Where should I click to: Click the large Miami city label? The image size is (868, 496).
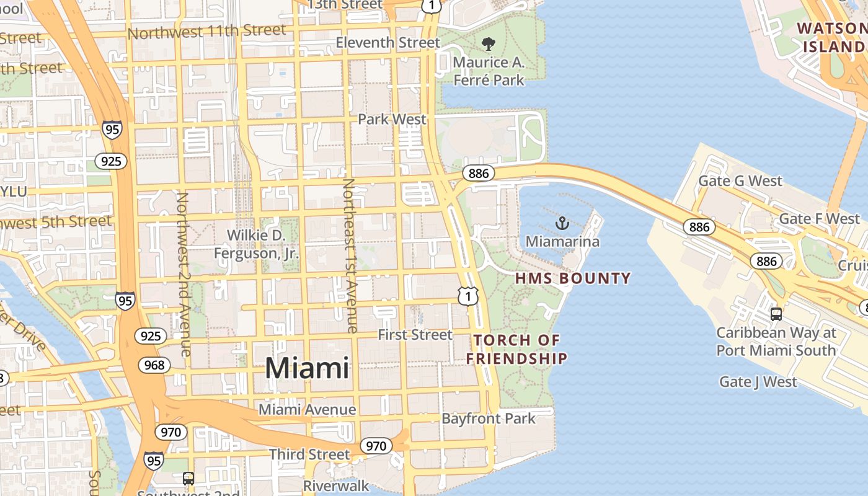pos(307,368)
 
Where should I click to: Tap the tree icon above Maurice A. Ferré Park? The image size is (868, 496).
pos(489,43)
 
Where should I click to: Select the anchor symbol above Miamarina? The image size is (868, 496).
pos(562,223)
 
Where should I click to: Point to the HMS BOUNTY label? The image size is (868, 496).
pos(573,278)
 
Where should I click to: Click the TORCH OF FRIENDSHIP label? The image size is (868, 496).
pos(516,349)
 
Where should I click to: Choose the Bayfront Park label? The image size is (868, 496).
pos(489,418)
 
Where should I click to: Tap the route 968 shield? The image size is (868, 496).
pos(154,365)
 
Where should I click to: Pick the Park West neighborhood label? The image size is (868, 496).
pos(392,119)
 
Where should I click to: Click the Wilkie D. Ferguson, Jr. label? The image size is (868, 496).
pos(256,244)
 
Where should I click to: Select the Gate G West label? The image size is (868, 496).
pos(740,181)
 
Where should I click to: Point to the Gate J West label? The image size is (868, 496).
pos(758,381)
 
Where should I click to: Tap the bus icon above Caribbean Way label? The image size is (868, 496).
pos(776,314)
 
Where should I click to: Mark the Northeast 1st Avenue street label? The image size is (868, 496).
pos(350,255)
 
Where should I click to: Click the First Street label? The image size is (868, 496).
pos(415,335)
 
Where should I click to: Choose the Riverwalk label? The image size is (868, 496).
pos(336,486)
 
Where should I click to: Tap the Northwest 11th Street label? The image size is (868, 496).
pos(207,31)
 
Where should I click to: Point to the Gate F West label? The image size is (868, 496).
pos(819,219)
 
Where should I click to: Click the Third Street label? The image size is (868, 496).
pos(309,454)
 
